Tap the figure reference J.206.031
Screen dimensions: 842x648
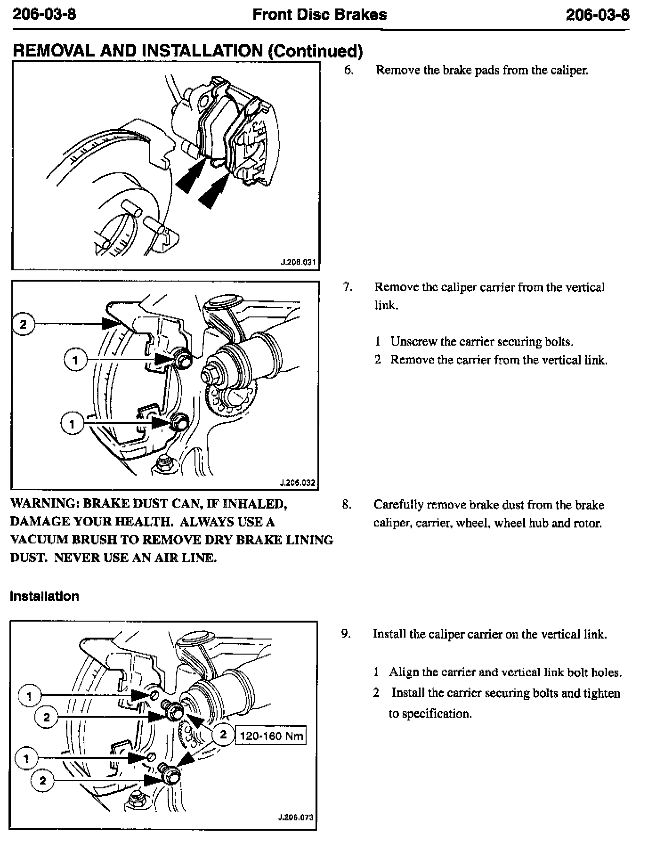298,262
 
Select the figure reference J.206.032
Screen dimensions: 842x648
297,483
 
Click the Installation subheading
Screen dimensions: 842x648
44,596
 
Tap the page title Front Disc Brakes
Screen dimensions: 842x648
320,15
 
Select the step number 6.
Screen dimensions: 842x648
348,70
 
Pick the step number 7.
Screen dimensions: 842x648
348,287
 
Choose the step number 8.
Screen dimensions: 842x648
347,505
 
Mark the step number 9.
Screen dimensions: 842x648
346,634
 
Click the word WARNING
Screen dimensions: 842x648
43,504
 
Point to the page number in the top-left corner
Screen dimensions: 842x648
44,15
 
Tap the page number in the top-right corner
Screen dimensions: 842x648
598,15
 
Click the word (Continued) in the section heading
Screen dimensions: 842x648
315,51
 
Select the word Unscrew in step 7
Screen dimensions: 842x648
413,341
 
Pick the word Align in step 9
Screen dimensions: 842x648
404,672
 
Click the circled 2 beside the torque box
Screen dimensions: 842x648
223,734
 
